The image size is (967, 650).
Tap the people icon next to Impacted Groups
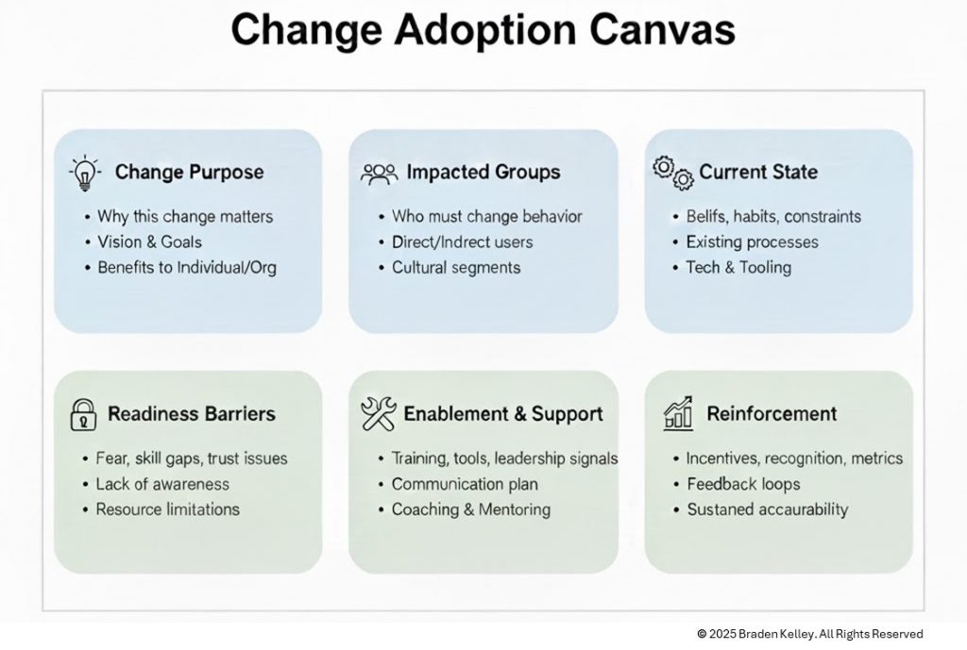[379, 173]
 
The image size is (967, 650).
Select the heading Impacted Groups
[483, 173]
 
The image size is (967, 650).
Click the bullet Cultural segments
[456, 267]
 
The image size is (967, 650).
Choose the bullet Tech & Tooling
[738, 267]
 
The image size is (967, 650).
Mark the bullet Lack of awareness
[162, 484]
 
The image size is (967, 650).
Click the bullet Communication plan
[465, 484]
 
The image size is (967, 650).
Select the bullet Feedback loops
[742, 484]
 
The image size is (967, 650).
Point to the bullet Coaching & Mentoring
[470, 509]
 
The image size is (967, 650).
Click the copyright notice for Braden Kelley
[809, 634]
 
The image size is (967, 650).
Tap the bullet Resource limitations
[168, 509]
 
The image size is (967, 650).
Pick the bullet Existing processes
[752, 242]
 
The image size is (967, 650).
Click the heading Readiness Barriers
[192, 414]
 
